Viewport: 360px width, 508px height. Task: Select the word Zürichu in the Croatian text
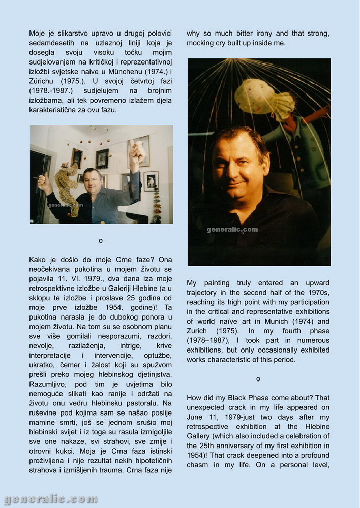(x=44, y=81)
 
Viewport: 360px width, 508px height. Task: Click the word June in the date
(x=197, y=417)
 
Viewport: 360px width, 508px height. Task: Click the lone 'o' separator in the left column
(x=101, y=240)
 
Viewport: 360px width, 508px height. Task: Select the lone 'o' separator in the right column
(x=258, y=379)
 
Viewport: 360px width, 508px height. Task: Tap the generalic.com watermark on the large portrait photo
(x=232, y=230)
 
